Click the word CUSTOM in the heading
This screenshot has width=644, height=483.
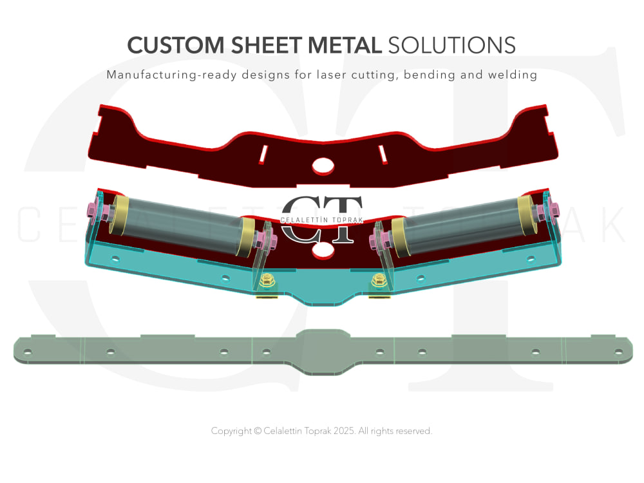tap(175, 45)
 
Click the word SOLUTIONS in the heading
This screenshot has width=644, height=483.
tap(452, 45)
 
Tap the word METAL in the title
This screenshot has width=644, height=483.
tap(345, 45)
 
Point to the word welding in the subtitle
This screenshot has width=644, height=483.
tap(512, 75)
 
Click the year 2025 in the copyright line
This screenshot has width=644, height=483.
tap(344, 431)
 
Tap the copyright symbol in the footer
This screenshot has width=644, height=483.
tap(258, 431)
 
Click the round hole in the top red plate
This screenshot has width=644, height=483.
tap(323, 166)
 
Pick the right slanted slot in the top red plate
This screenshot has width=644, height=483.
tap(383, 155)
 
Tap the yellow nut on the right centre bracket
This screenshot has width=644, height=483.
tap(379, 281)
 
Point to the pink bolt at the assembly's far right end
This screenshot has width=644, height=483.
tap(553, 209)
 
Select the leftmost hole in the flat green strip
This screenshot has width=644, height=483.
tap(28, 352)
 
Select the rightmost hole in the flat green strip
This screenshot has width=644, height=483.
tap(618, 352)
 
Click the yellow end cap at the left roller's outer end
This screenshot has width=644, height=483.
tap(119, 214)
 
